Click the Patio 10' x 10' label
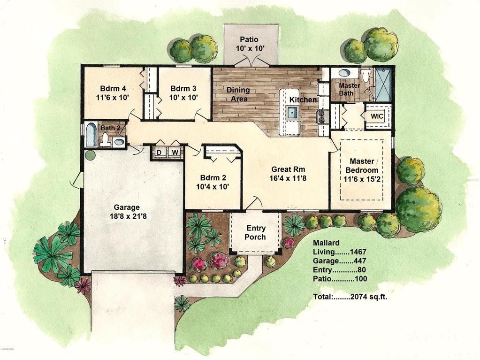click(x=251, y=44)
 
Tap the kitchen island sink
click(x=292, y=112)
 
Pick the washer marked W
click(x=174, y=153)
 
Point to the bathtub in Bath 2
click(x=90, y=135)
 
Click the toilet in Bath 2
click(x=106, y=139)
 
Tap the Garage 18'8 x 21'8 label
click(x=127, y=212)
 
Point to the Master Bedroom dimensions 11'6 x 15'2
click(x=361, y=178)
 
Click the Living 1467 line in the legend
click(x=340, y=252)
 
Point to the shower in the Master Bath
click(x=383, y=84)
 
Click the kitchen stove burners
click(x=322, y=116)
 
